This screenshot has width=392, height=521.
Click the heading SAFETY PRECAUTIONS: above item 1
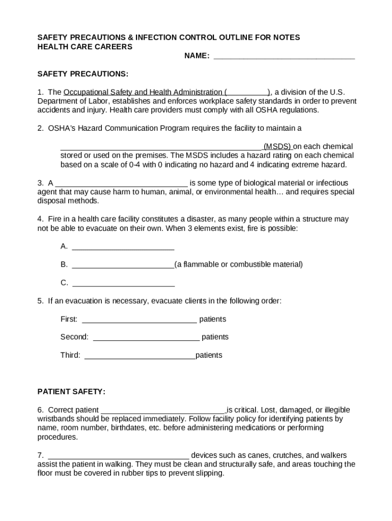tap(83, 74)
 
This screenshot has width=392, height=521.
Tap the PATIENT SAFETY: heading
tap(72, 391)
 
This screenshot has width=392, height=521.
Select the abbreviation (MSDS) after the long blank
tap(277, 147)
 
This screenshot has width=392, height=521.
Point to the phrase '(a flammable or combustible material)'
tap(239, 265)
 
